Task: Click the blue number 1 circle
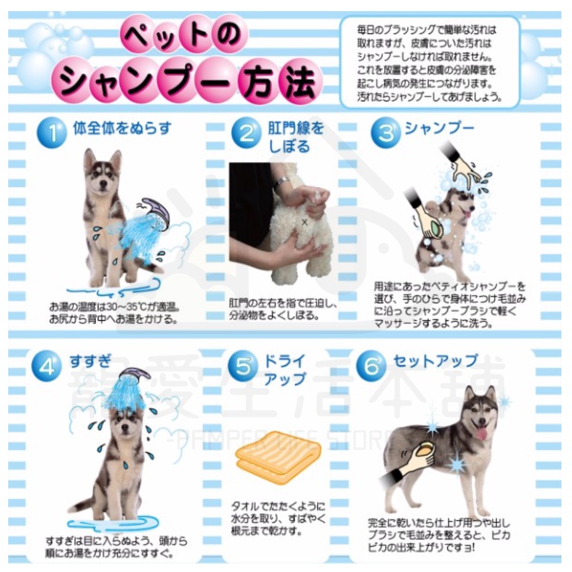coord(52,134)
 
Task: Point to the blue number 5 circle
coord(243,367)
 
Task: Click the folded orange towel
coord(277,455)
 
